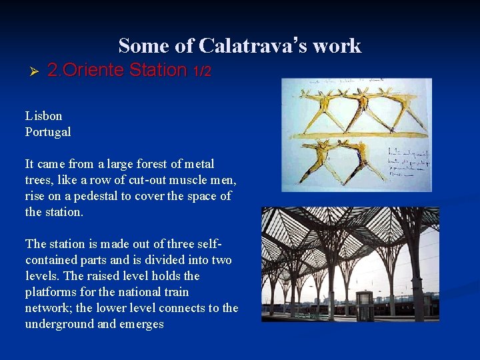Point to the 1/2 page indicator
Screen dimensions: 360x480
201,71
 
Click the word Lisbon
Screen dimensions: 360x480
44,115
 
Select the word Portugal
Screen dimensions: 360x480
48,131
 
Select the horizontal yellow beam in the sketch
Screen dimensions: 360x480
353,135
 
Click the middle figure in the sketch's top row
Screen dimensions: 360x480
362,107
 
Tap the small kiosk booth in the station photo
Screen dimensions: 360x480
365,307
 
